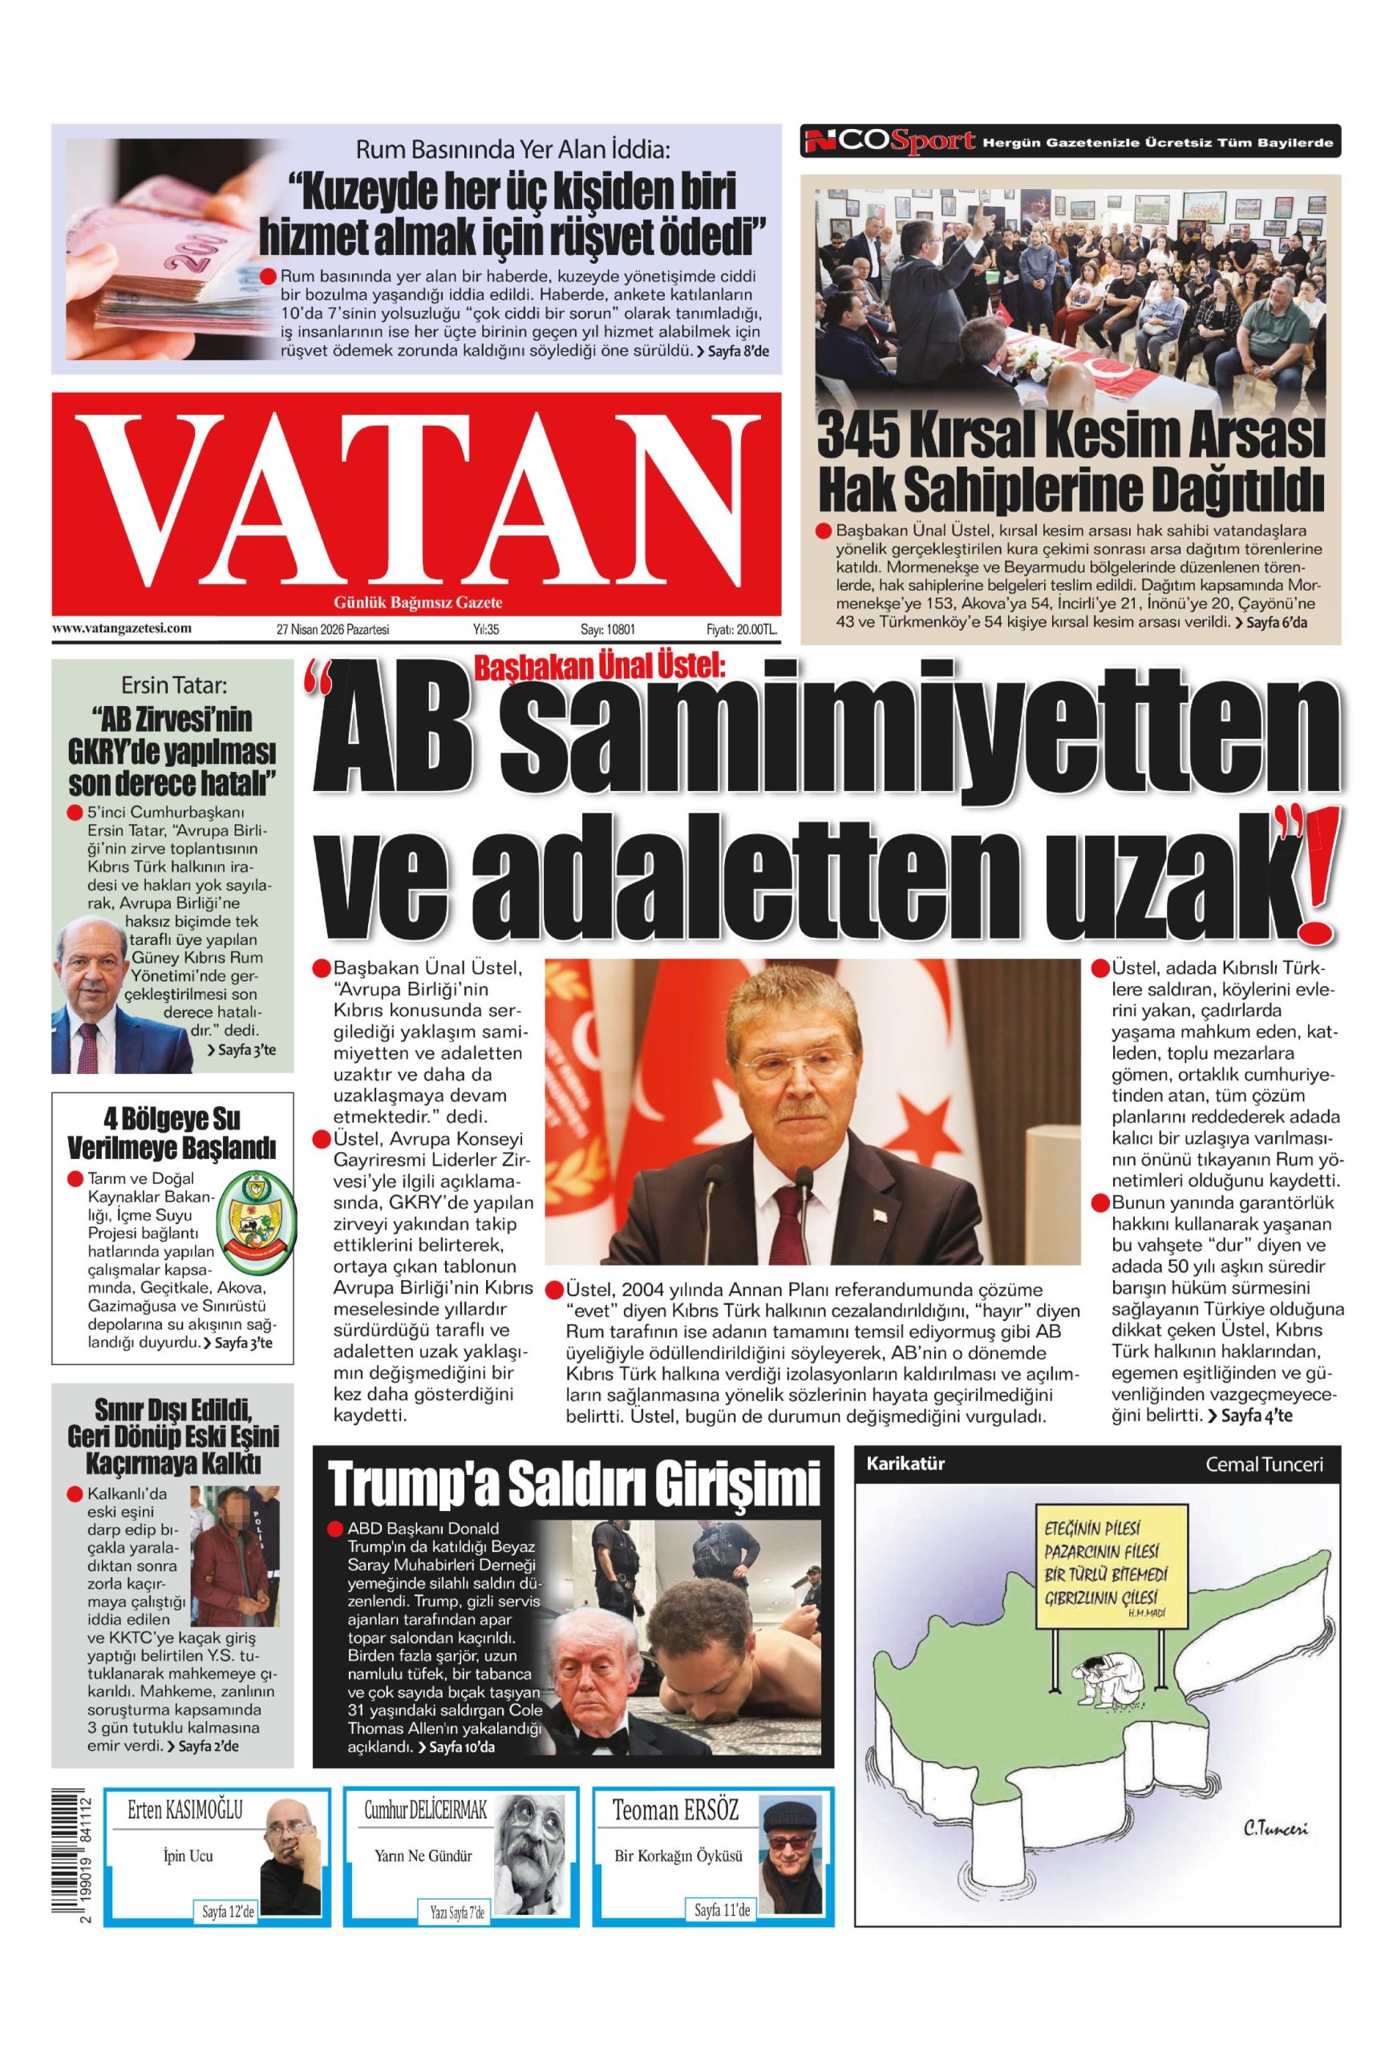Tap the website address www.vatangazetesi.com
(x=122, y=628)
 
